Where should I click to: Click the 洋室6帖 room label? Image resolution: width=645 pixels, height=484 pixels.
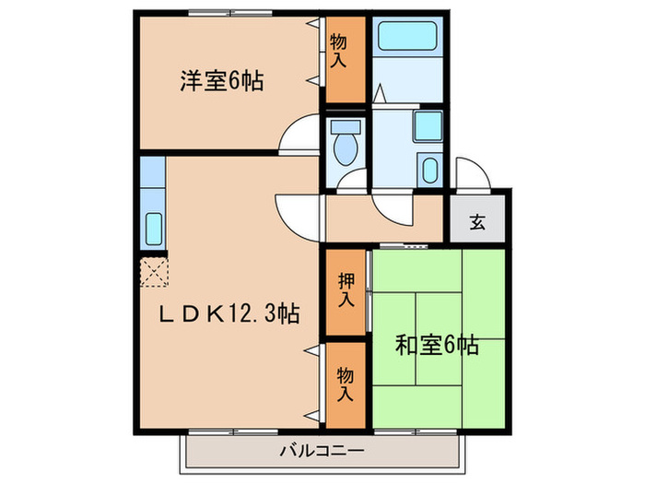pyautogui.click(x=221, y=81)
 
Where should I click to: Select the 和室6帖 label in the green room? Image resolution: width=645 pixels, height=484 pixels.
pyautogui.click(x=437, y=346)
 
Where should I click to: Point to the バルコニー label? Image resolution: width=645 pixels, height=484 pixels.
pyautogui.click(x=322, y=451)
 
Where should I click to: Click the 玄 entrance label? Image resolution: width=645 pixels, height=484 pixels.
pyautogui.click(x=477, y=221)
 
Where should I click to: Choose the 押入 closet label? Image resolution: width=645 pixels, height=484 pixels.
pyautogui.click(x=346, y=291)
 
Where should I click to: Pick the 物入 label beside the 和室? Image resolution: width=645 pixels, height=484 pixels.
pyautogui.click(x=346, y=384)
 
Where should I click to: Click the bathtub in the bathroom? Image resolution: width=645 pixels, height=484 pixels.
pyautogui.click(x=409, y=38)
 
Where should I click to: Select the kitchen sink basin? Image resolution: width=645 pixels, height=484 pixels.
pyautogui.click(x=153, y=226)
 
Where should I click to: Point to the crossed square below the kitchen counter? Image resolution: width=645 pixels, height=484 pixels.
pyautogui.click(x=153, y=271)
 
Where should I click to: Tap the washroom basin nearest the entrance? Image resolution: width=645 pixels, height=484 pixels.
pyautogui.click(x=429, y=170)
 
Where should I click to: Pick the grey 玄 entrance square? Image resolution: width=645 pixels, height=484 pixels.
pyautogui.click(x=477, y=221)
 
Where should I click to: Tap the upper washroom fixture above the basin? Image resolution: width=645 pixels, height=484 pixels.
pyautogui.click(x=428, y=125)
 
